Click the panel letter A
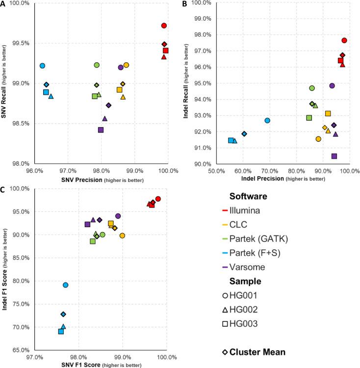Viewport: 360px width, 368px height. (4, 4)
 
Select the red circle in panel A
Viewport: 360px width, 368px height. (164, 26)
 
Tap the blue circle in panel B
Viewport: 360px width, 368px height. (267, 120)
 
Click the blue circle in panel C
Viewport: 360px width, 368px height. (65, 285)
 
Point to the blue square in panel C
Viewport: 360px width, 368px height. (61, 331)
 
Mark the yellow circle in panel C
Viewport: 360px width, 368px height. (122, 236)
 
